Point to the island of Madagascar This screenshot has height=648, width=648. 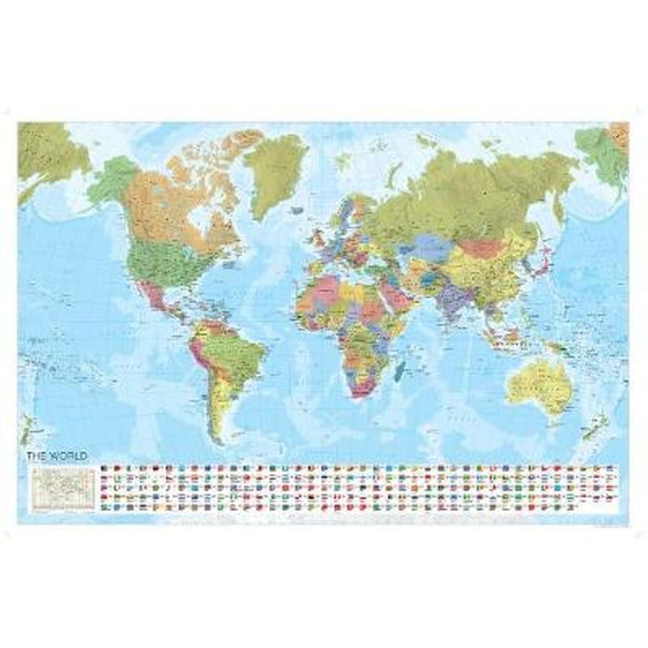(399, 373)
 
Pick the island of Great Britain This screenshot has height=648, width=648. (318, 229)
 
